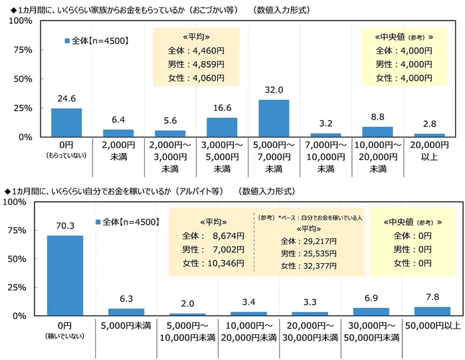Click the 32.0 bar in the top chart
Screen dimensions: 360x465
274,118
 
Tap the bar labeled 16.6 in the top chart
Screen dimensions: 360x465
222,127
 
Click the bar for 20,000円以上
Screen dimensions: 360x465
429,135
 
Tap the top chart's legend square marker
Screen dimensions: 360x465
67,41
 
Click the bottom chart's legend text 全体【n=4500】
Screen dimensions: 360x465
131,222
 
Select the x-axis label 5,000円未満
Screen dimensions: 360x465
126,325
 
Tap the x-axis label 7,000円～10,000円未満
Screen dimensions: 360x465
325,153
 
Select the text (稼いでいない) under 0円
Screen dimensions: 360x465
65,335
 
